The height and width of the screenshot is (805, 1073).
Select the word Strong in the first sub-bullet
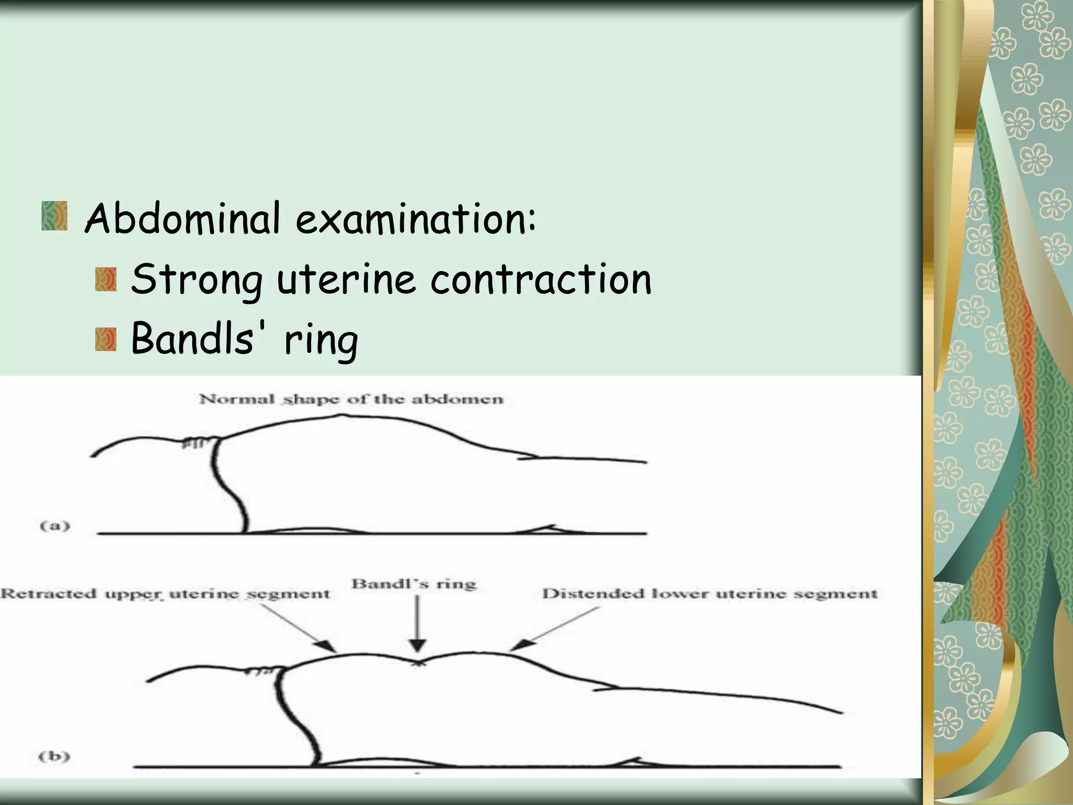pyautogui.click(x=196, y=280)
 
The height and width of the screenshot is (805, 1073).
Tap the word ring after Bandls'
pyautogui.click(x=321, y=341)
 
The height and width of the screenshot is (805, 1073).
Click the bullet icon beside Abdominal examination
pyautogui.click(x=54, y=216)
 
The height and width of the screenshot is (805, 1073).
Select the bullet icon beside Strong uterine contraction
pyautogui.click(x=105, y=279)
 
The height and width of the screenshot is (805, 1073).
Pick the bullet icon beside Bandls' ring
pyautogui.click(x=105, y=340)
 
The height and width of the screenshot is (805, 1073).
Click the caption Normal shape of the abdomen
pyautogui.click(x=351, y=399)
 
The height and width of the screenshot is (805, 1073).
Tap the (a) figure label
pyautogui.click(x=54, y=525)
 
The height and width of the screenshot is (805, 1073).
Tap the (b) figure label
pyautogui.click(x=54, y=756)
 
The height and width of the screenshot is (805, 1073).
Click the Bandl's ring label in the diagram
pyautogui.click(x=414, y=584)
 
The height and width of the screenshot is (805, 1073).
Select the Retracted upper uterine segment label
pyautogui.click(x=165, y=594)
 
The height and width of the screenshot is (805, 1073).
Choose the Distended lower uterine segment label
pyautogui.click(x=709, y=594)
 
